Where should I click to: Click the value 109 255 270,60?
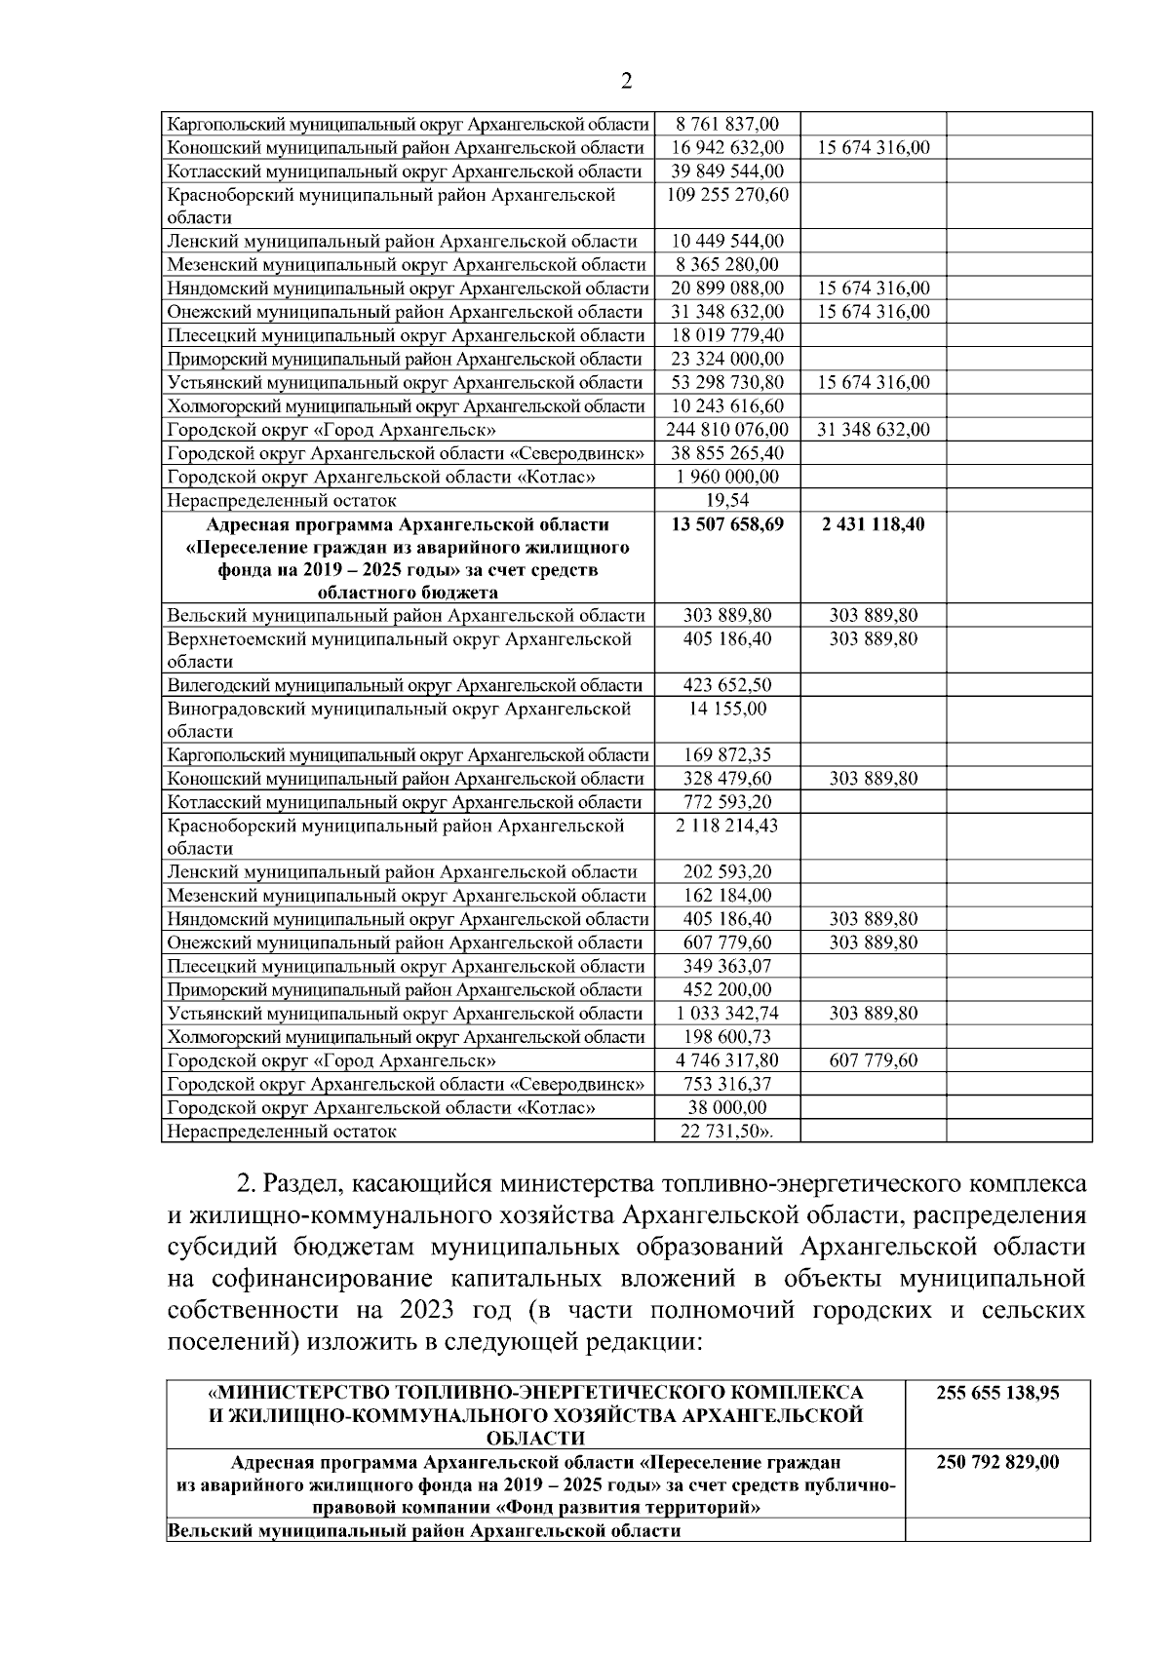pyautogui.click(x=726, y=195)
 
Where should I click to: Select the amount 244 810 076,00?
pyautogui.click(x=726, y=430)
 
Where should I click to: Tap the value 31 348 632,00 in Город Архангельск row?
pyautogui.click(x=873, y=430)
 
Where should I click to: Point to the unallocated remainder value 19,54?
pyautogui.click(x=726, y=501)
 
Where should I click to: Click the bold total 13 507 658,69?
pyautogui.click(x=726, y=524)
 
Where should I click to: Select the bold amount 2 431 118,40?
pyautogui.click(x=873, y=524)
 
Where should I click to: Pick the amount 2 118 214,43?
pyautogui.click(x=726, y=826)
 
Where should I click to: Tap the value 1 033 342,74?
pyautogui.click(x=726, y=1014)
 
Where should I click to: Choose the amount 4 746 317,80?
pyautogui.click(x=726, y=1060)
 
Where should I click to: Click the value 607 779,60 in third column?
pyautogui.click(x=873, y=1060)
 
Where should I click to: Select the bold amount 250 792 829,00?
pyautogui.click(x=997, y=1463)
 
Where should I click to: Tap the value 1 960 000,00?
pyautogui.click(x=726, y=478)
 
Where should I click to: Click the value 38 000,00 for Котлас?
pyautogui.click(x=726, y=1108)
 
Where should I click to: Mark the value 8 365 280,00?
pyautogui.click(x=726, y=265)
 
